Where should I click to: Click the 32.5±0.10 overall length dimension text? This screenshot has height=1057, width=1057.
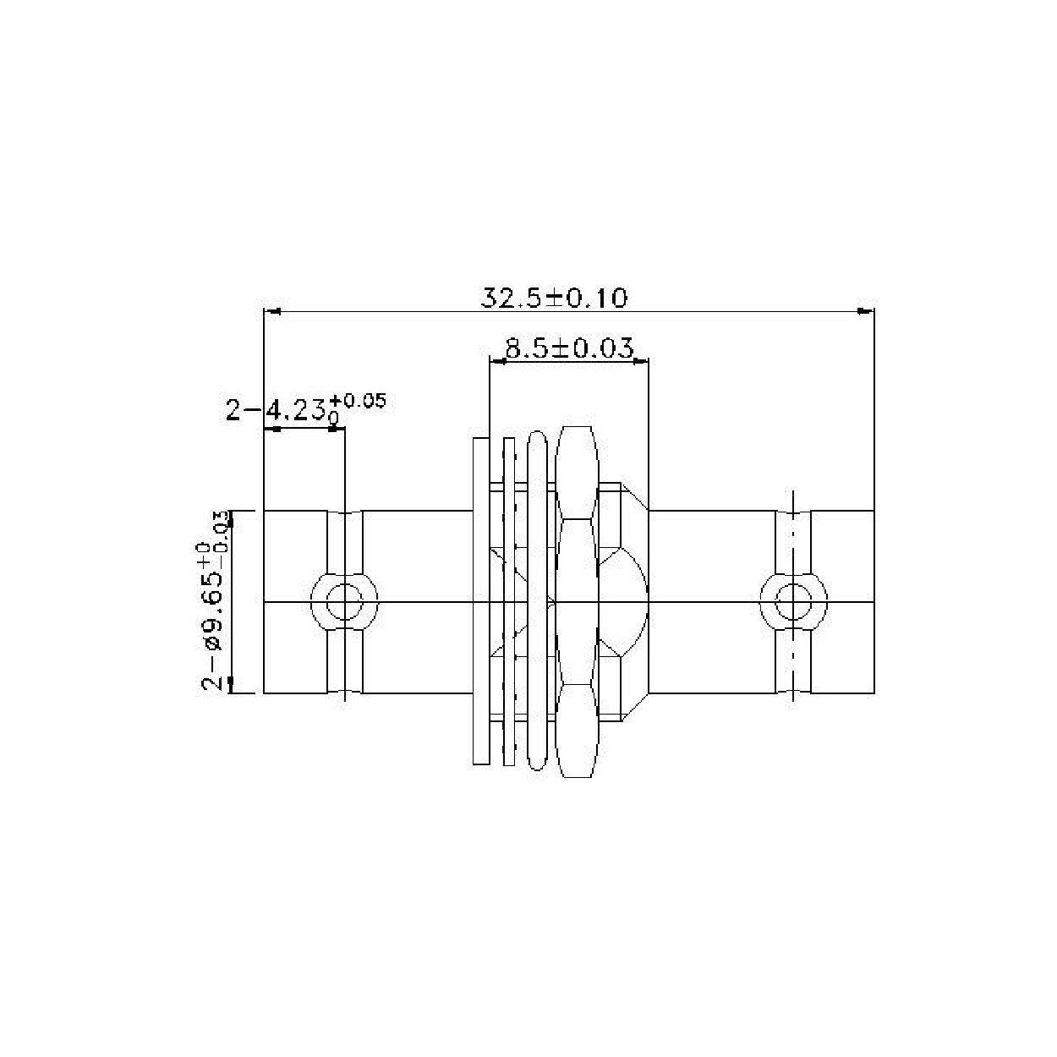coord(554,298)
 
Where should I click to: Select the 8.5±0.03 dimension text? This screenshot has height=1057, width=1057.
coord(568,348)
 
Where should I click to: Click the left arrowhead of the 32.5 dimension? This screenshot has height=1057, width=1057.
coord(272,311)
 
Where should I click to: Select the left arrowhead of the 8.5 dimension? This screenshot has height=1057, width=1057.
coord(497,361)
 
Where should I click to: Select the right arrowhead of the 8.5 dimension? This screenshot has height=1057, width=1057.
coord(641,361)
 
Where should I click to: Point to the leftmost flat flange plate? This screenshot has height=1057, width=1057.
coord(480,601)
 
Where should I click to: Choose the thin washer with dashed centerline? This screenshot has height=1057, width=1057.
coord(508,601)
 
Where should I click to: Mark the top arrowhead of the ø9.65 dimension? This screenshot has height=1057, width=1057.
coord(232,518)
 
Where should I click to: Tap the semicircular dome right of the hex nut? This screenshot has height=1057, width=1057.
coord(630,601)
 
